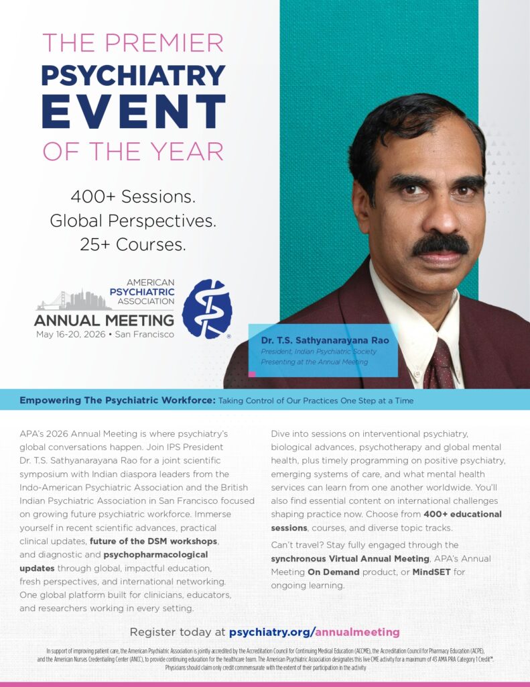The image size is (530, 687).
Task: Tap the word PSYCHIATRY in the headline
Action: coord(133,75)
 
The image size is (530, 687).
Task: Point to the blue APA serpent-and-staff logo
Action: coord(207,309)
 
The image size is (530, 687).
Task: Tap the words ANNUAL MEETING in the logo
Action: coord(104,320)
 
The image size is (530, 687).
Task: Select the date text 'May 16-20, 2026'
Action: coord(68,334)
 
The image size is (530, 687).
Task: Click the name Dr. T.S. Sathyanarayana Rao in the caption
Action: coord(325,340)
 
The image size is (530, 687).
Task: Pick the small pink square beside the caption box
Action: coord(252,374)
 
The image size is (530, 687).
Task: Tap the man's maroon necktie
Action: coord(442,366)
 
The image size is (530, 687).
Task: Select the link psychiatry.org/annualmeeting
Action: coord(314,632)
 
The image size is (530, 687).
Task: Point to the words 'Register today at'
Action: coord(177,632)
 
